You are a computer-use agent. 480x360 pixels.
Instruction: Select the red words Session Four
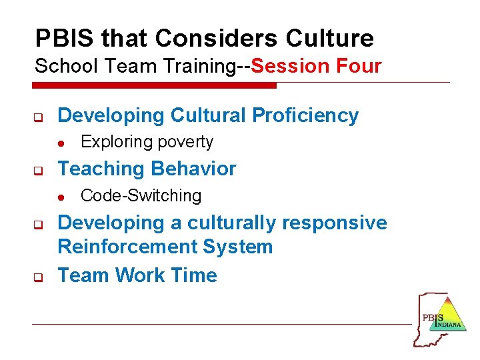point(317,66)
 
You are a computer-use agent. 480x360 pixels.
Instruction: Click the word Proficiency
point(305,115)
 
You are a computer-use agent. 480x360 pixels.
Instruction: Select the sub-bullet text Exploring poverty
point(147,142)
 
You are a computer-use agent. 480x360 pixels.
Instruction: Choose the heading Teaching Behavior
point(147,169)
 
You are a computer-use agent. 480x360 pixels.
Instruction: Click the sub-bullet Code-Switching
point(141,196)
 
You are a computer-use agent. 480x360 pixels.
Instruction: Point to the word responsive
point(334,223)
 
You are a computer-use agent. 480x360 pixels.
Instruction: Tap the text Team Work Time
point(137,275)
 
